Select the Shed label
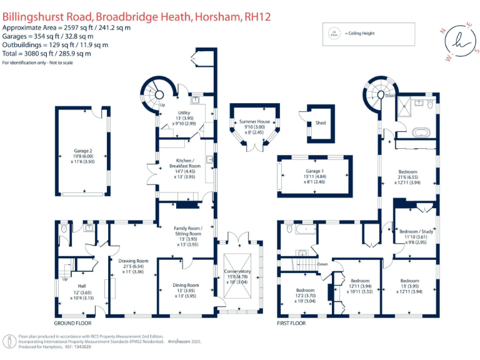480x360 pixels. point(321,123)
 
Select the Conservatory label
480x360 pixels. point(237,271)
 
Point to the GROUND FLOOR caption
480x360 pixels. point(72,324)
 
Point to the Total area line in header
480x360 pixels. point(46,54)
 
